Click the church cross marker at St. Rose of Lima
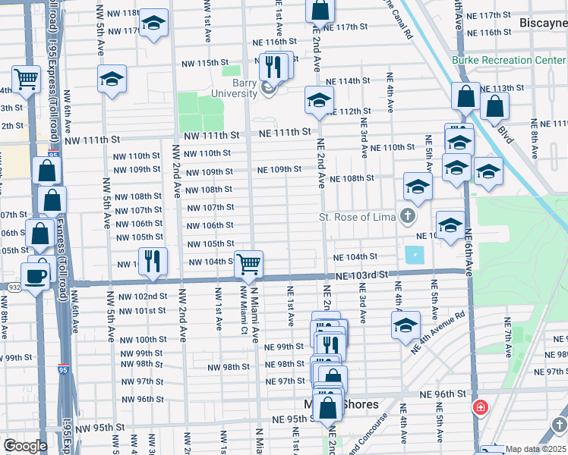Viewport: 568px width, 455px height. pos(408,218)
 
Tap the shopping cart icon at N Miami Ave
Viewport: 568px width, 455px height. pos(248,264)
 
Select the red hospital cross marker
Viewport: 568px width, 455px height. pos(480,409)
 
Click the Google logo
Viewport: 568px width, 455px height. pos(25,447)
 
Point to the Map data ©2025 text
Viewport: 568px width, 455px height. pos(535,449)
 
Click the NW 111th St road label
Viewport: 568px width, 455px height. pos(93,140)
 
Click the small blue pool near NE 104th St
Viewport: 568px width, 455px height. pos(415,255)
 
